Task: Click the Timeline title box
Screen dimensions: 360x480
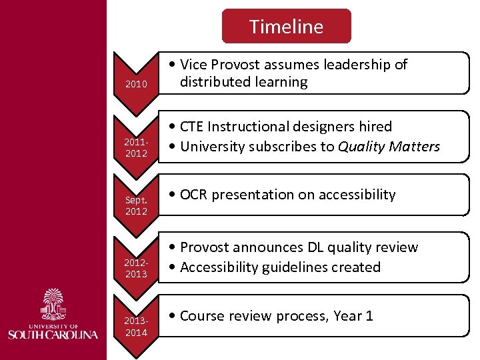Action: coord(286,27)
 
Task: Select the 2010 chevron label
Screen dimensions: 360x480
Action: coord(136,85)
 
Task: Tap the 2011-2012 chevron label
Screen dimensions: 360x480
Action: coord(136,149)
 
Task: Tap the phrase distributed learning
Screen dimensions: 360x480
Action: coord(243,82)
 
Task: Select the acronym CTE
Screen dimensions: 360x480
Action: coord(192,126)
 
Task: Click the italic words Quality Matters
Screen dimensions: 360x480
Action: coord(389,146)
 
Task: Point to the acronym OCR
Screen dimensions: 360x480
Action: coord(194,195)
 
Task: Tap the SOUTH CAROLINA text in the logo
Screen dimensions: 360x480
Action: coord(53,333)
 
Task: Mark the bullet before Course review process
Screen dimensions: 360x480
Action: coord(172,316)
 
